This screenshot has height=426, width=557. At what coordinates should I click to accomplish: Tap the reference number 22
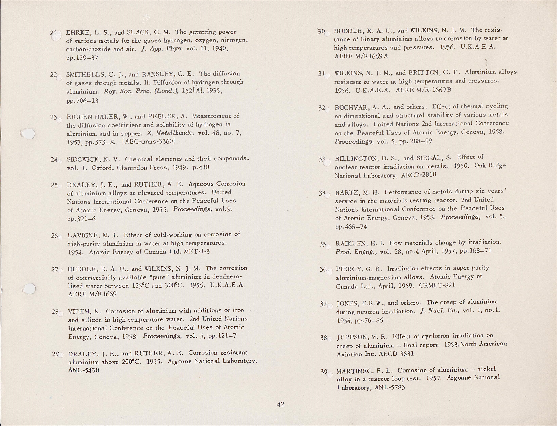[x=53, y=75]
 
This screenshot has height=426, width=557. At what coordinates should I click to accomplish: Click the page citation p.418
[x=201, y=167]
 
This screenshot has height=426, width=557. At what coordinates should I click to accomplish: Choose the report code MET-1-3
[x=197, y=252]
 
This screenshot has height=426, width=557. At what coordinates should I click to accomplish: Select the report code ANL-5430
[x=84, y=370]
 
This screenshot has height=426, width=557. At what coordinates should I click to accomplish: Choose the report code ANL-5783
[x=389, y=387]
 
